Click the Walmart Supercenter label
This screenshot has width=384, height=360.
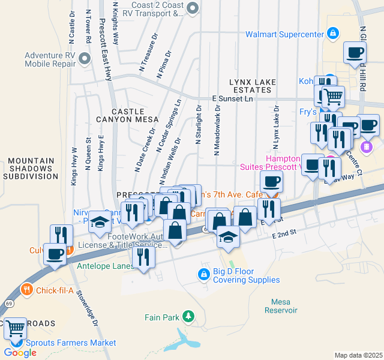coord(284,34)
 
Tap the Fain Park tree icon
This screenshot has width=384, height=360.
coord(188,316)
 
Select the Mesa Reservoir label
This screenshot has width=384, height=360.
coord(280,306)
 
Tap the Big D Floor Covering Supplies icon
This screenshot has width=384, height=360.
coord(203,275)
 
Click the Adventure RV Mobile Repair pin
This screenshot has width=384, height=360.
coord(84,59)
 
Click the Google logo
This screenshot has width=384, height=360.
coord(20,352)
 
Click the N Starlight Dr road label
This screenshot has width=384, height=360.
coord(198,125)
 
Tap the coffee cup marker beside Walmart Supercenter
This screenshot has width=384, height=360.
coord(355,52)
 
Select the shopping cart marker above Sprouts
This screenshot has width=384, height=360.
coord(15,328)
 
